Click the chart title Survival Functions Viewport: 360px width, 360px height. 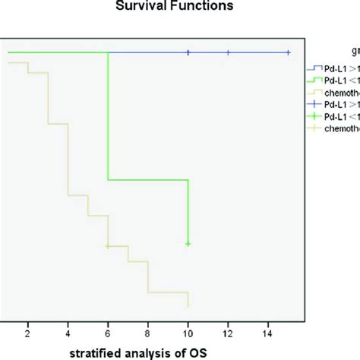pos(180,7)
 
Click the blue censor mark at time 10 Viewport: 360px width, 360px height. pos(188,52)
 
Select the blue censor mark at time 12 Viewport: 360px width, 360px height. pos(228,52)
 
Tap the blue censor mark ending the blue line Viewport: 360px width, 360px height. pos(288,52)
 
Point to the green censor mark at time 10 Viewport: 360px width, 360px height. pos(188,244)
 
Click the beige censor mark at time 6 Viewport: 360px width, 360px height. pos(108,247)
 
